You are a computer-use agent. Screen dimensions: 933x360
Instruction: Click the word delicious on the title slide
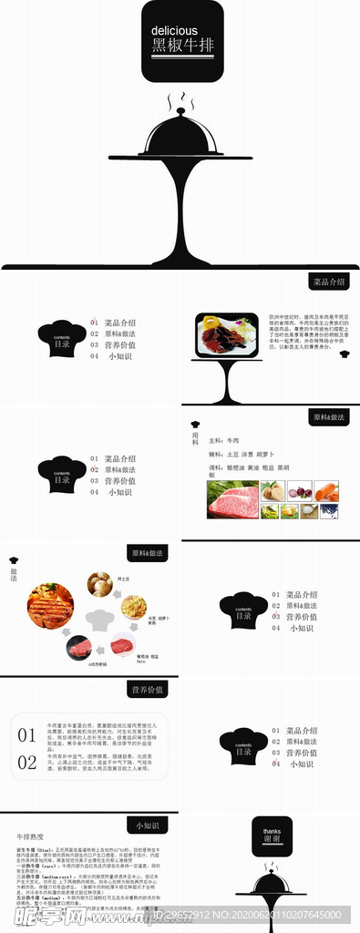click(173, 31)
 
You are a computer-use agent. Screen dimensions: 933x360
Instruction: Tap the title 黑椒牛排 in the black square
click(180, 46)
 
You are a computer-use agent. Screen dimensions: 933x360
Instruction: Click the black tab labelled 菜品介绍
click(328, 282)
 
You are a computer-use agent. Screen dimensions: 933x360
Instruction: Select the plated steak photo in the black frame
click(226, 335)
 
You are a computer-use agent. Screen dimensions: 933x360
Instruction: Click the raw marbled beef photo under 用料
click(233, 500)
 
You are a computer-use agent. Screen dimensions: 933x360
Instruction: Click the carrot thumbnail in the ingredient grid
click(325, 492)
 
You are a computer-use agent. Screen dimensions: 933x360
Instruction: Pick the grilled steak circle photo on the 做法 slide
click(50, 606)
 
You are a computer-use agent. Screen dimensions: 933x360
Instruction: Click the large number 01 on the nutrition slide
click(27, 735)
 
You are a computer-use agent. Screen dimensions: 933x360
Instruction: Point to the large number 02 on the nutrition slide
click(27, 762)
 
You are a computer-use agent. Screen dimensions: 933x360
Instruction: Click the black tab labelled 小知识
click(147, 825)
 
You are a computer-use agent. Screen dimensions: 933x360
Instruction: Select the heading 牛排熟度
click(30, 836)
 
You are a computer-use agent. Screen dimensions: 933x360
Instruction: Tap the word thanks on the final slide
click(273, 831)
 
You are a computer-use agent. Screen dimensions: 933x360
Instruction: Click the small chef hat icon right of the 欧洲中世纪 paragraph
click(345, 354)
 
